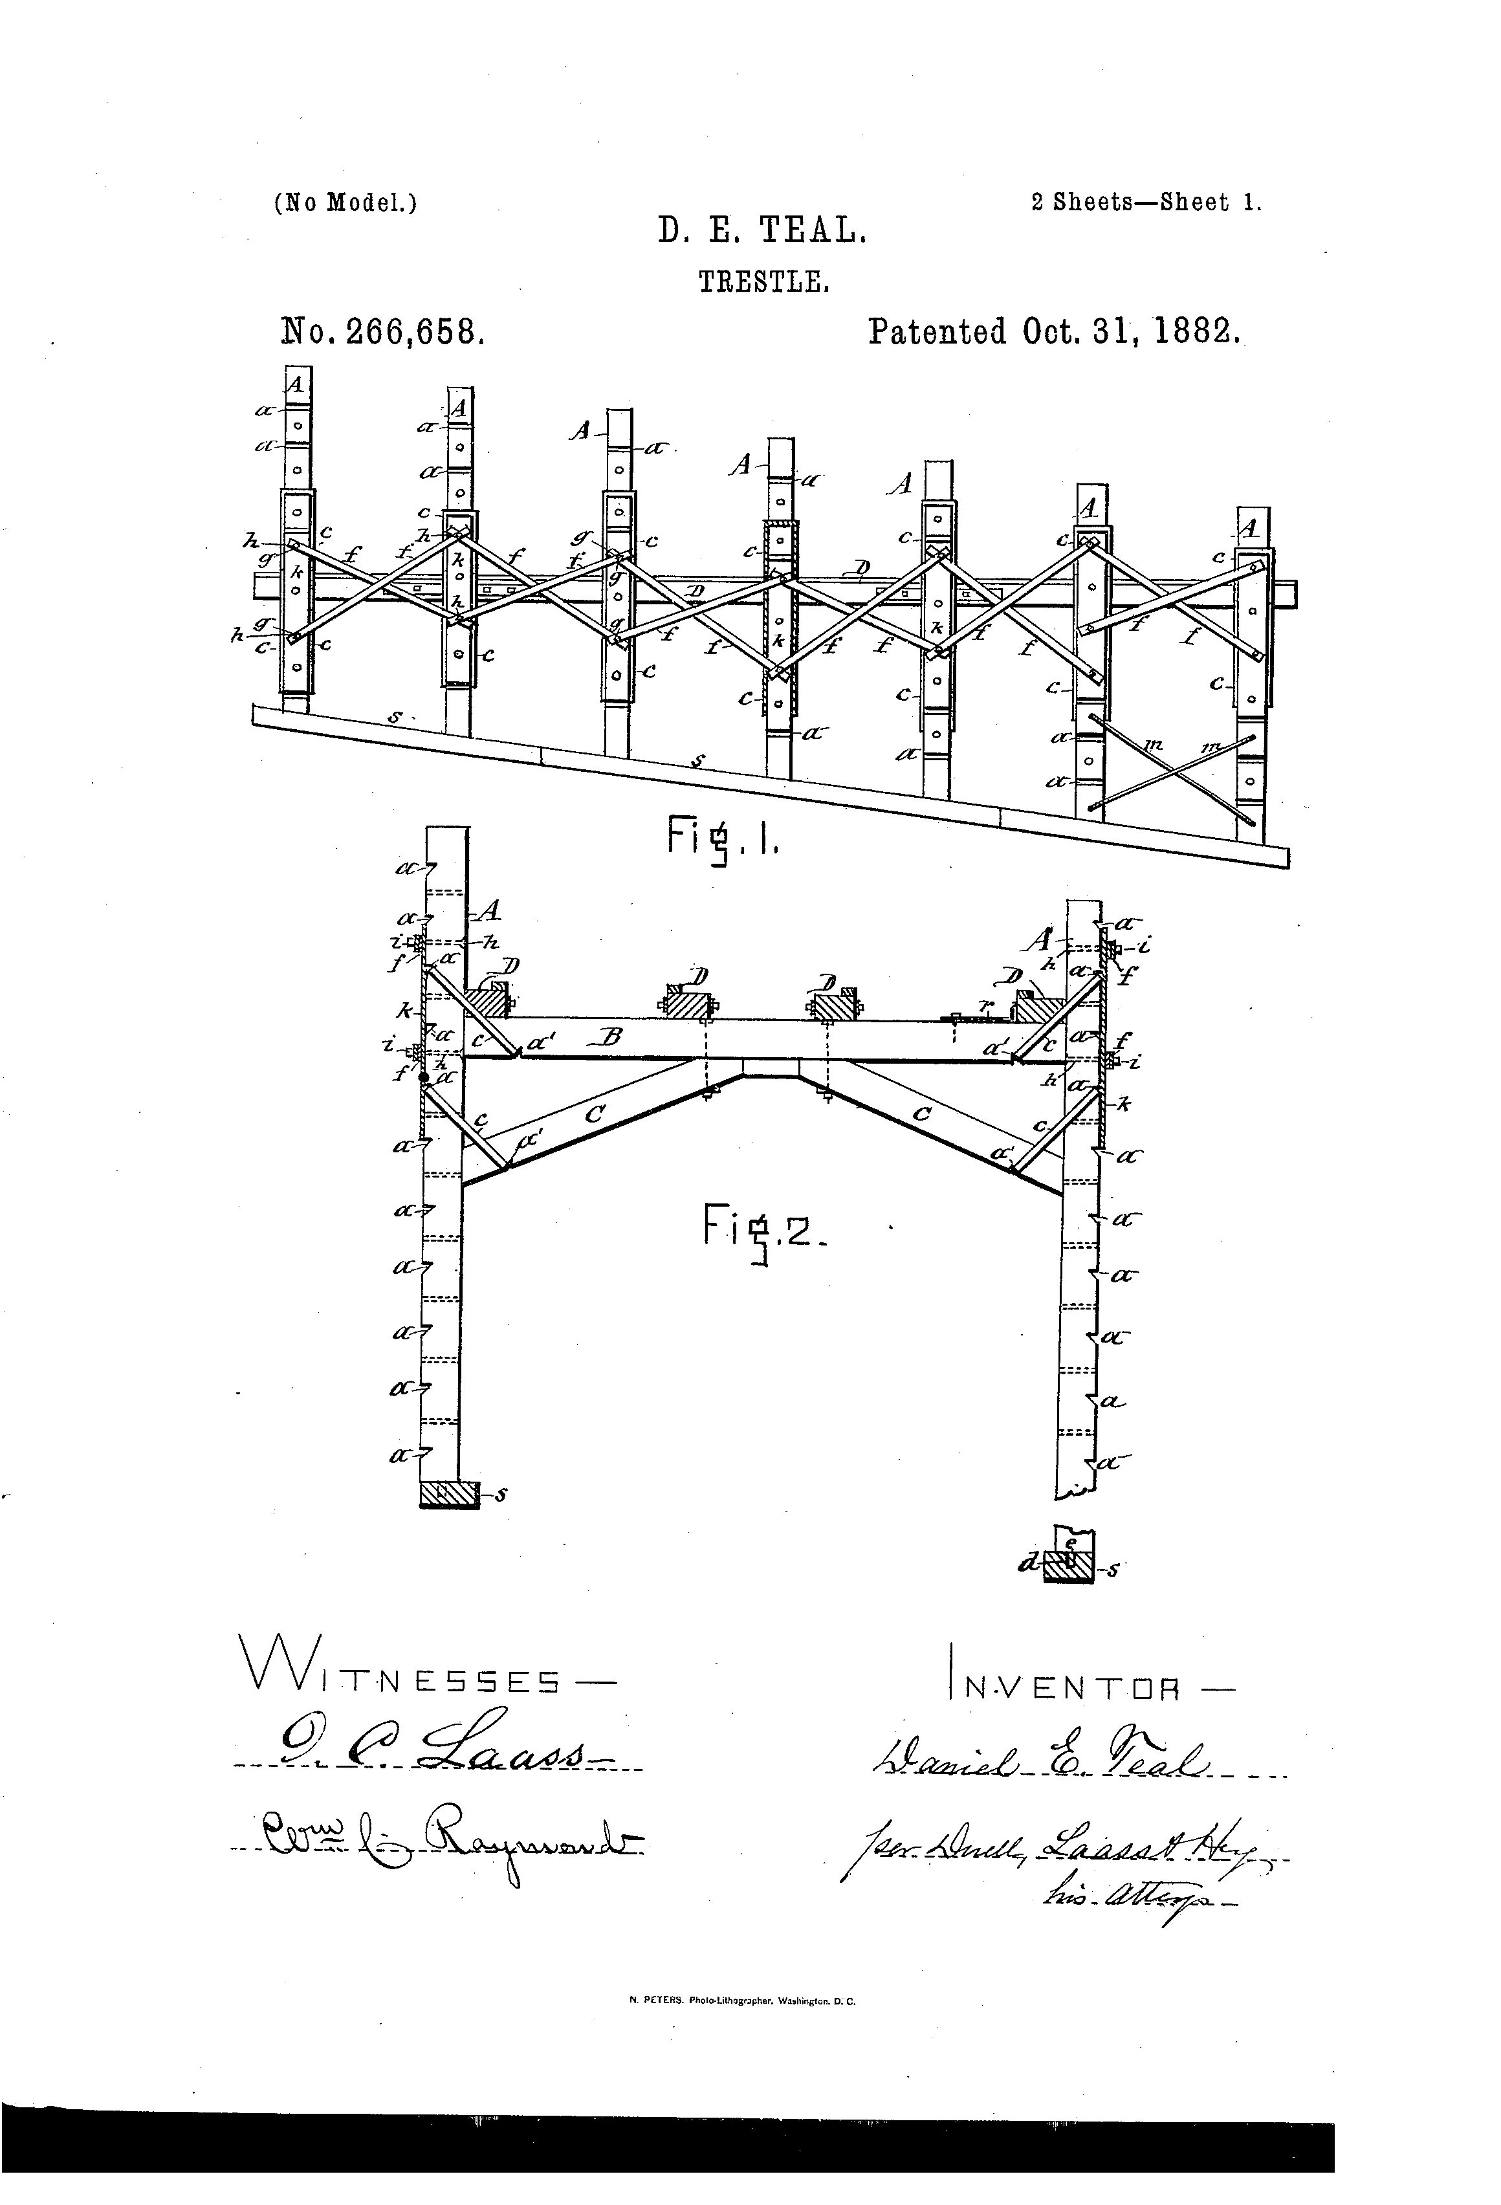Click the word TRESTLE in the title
coord(765,282)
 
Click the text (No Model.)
coord(345,203)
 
